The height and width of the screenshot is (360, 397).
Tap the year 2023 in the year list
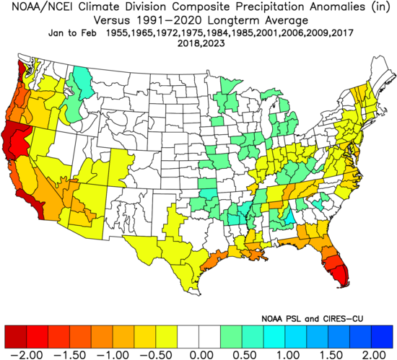point(213,44)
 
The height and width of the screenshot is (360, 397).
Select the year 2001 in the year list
point(269,33)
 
